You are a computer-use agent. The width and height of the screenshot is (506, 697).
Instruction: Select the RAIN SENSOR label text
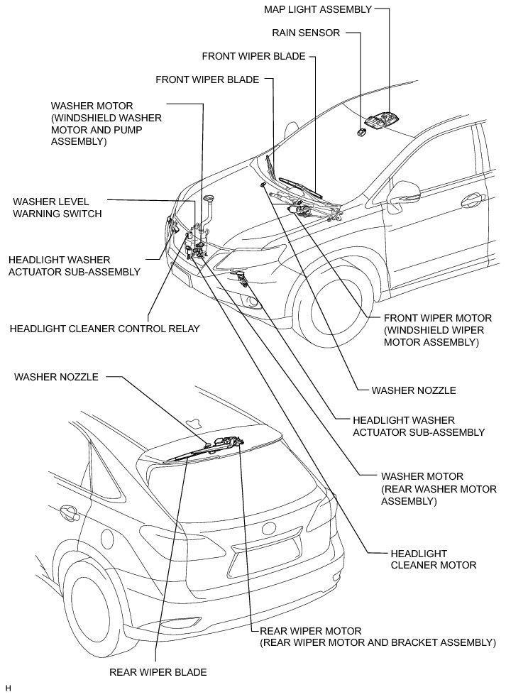point(306,33)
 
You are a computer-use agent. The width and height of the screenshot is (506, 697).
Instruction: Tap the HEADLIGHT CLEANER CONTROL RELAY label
point(104,329)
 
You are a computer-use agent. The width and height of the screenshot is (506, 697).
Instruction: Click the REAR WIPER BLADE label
point(158,671)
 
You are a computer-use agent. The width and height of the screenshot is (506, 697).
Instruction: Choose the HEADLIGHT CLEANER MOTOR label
point(432,559)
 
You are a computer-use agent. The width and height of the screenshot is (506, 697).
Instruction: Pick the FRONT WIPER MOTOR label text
point(436,330)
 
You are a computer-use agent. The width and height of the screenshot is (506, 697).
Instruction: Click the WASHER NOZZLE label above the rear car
point(56,377)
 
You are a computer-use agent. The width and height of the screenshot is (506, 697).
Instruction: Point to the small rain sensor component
point(361,131)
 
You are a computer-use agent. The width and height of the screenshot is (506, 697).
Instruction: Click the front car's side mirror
point(407,193)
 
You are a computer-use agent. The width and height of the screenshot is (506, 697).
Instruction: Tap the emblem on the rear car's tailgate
point(270,529)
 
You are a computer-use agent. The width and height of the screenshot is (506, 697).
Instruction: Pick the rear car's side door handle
point(68,510)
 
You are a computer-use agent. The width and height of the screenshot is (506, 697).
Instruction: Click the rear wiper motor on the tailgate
point(226,443)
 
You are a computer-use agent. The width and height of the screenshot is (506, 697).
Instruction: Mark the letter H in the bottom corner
point(8,688)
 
